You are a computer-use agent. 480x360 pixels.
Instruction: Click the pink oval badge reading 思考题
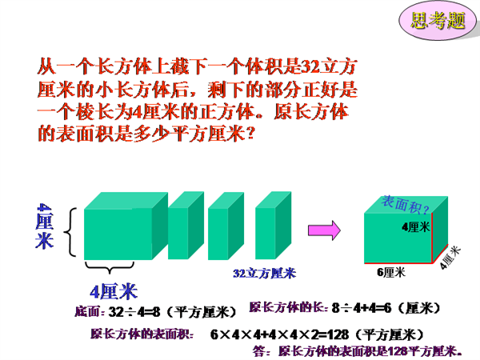(438, 20)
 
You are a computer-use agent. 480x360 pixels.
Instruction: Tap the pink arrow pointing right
(324, 230)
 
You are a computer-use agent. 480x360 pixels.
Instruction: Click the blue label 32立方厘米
(265, 274)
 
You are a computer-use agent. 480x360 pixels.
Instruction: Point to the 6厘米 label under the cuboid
(391, 272)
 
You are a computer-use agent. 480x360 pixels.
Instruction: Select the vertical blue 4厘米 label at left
(45, 226)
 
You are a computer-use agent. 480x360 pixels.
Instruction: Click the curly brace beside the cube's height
(70, 232)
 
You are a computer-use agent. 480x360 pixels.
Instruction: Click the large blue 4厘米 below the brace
(114, 292)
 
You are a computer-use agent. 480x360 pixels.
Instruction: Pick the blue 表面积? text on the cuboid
(406, 205)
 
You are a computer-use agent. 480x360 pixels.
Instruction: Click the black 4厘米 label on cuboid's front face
(416, 227)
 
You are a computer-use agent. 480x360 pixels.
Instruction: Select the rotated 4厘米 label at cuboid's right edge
(450, 257)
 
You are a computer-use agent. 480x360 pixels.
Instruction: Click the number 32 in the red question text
(310, 66)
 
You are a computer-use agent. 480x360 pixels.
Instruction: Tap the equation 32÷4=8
(134, 312)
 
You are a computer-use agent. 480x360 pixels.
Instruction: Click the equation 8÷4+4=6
(362, 308)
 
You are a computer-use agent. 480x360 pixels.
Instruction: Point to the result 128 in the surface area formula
(338, 334)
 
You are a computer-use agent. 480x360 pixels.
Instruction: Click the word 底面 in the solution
(87, 312)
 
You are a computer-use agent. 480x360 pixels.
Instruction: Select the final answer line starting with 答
(358, 351)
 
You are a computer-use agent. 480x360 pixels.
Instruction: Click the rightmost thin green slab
(273, 226)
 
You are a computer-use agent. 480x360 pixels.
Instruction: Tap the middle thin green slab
(226, 226)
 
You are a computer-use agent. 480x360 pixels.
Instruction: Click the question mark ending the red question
(250, 134)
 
